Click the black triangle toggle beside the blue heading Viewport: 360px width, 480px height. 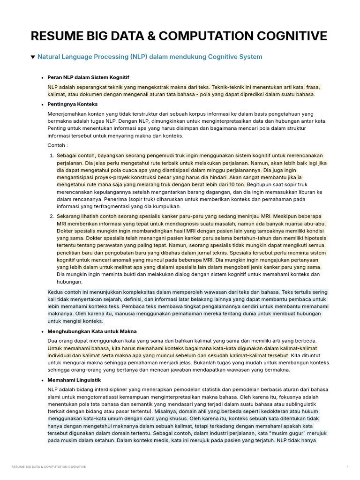(33, 57)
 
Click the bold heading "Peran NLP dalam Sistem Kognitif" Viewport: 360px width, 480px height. (88, 77)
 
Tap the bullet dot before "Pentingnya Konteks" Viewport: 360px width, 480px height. (42, 104)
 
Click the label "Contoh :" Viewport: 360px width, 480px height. (58, 145)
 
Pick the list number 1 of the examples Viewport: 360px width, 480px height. (52, 155)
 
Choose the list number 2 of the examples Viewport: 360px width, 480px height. (52, 216)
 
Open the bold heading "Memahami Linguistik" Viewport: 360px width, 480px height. (74, 380)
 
